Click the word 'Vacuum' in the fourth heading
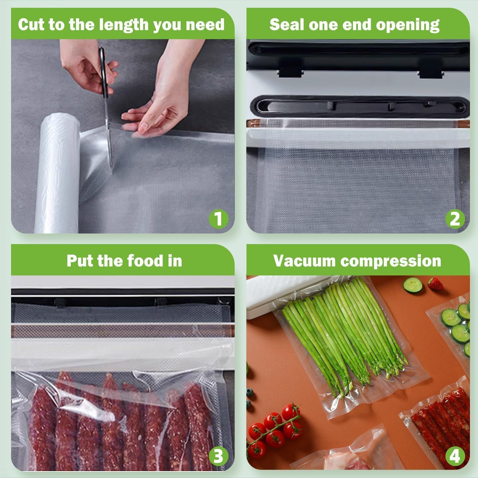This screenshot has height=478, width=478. coord(305,261)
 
